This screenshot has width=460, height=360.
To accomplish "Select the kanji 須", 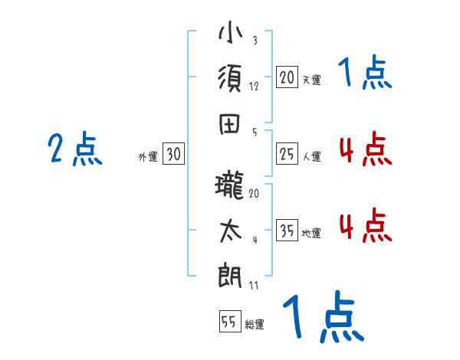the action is click(x=231, y=80).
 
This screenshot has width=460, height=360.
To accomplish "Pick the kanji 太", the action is click(x=231, y=231).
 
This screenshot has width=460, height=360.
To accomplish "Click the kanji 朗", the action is click(x=231, y=275).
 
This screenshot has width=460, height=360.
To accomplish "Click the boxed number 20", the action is click(x=287, y=77).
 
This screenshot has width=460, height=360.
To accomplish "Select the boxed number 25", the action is click(x=287, y=154).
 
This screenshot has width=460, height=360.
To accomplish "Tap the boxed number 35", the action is click(x=287, y=231).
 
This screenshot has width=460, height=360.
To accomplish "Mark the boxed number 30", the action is click(x=173, y=154).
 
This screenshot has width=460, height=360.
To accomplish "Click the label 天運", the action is click(x=311, y=80).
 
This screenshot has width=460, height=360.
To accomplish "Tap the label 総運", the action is click(x=255, y=325).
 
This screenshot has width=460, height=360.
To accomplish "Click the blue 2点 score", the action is click(x=74, y=149).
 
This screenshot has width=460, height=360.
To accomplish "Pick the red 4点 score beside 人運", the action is click(x=365, y=149).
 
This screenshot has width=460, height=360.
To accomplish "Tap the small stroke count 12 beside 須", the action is click(x=254, y=86).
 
